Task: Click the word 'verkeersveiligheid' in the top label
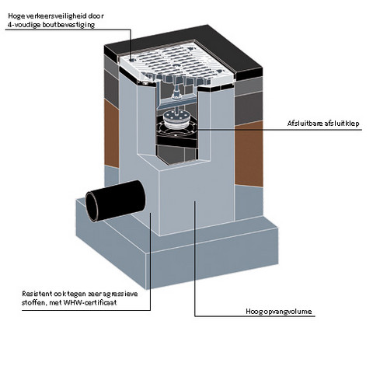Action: click(x=54, y=16)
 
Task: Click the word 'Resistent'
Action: click(x=37, y=294)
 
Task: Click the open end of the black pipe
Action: click(x=92, y=207)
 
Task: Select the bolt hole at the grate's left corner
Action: click(x=132, y=61)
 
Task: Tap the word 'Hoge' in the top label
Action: click(x=14, y=16)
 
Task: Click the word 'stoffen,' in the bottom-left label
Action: click(x=33, y=302)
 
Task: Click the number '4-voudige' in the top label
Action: click(x=23, y=25)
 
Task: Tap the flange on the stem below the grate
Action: click(x=176, y=96)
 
